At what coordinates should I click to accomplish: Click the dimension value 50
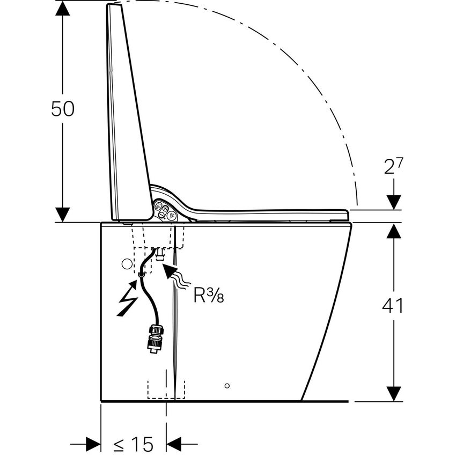pos(62,109)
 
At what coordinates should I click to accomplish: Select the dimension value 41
pos(393,306)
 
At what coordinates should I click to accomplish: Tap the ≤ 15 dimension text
pos(134,444)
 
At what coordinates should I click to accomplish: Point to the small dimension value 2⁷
pos(394,166)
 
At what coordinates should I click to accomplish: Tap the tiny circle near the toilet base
pos(227,385)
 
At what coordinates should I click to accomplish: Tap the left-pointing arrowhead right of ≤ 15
pos(175,444)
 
